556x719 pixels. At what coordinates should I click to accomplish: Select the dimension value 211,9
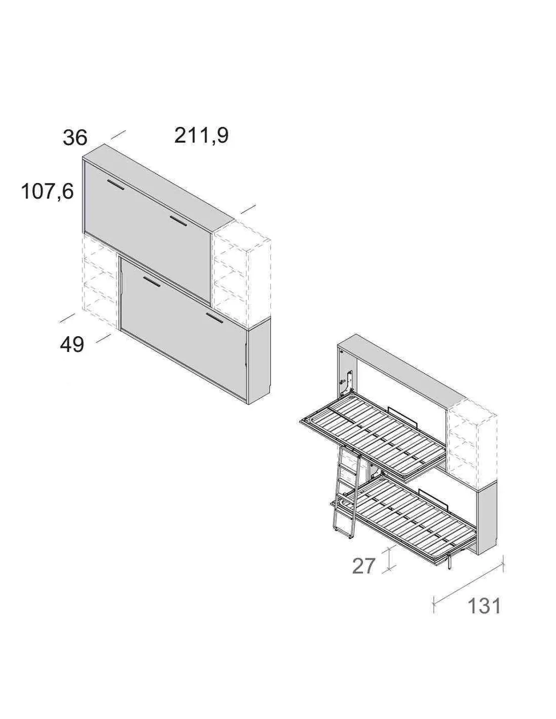202,136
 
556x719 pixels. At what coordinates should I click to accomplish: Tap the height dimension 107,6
47,192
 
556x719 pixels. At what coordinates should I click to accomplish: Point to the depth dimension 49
72,345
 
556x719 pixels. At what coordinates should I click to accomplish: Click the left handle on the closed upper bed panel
115,185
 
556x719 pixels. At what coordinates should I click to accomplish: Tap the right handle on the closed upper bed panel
179,220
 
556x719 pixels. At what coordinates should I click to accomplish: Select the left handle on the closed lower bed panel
152,281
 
